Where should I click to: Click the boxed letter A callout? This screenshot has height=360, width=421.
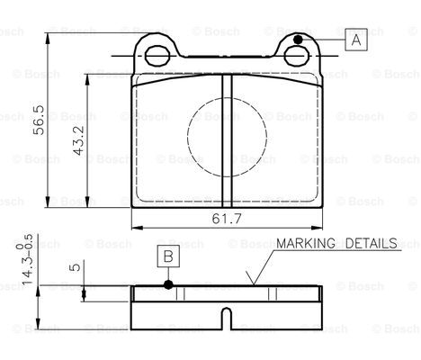pos(356,40)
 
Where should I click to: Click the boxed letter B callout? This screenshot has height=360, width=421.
pos(168,256)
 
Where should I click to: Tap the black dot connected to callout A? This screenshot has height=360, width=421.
pos(298,40)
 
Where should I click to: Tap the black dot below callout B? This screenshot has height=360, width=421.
pos(168,284)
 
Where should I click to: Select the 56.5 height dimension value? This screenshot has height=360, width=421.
pos(39,120)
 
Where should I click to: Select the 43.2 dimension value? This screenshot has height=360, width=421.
pos(79,140)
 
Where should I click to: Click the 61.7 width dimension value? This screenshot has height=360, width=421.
pos(227,219)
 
